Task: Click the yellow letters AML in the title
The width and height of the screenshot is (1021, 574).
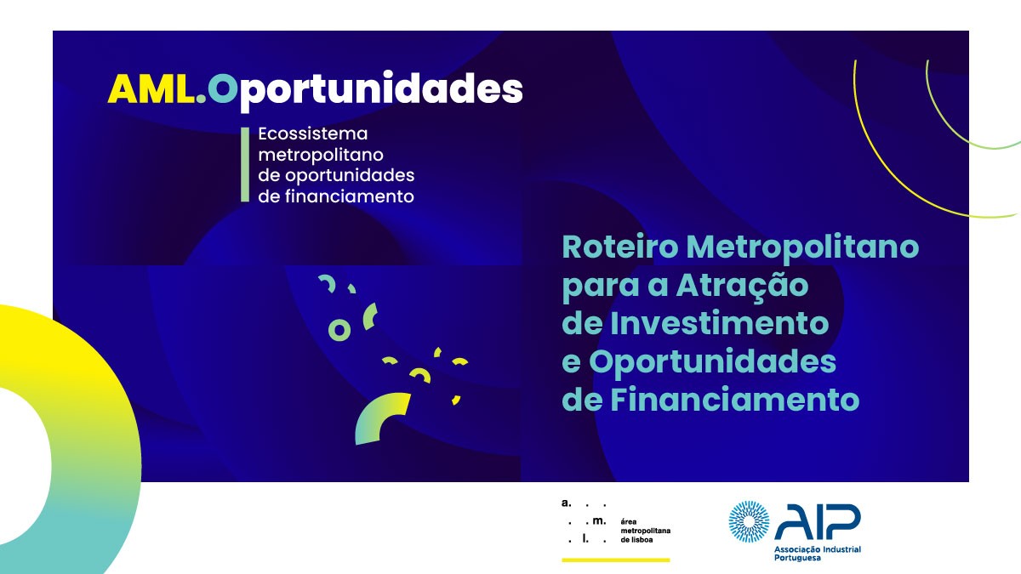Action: click(151, 88)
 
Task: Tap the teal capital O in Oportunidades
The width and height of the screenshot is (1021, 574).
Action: click(223, 88)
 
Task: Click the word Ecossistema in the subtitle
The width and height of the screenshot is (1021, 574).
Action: click(313, 134)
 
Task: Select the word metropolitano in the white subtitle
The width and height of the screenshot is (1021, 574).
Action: click(321, 155)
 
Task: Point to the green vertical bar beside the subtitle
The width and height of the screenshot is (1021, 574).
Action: click(245, 164)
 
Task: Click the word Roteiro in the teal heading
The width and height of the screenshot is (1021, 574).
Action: click(620, 247)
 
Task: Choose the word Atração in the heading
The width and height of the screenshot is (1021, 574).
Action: click(742, 285)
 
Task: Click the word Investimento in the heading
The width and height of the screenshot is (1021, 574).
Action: click(719, 323)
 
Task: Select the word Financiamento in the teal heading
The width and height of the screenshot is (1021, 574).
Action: click(735, 400)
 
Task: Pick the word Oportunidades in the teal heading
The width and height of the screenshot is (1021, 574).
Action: click(712, 361)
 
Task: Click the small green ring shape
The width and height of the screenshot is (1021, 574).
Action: click(339, 330)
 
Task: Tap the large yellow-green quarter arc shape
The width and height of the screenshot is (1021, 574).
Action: click(378, 417)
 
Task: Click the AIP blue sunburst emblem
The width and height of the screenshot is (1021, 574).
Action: click(749, 521)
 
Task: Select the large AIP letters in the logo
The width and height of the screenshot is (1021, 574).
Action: click(818, 521)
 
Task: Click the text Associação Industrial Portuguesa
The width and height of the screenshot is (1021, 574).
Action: click(818, 554)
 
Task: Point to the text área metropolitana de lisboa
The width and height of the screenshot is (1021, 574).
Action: click(646, 531)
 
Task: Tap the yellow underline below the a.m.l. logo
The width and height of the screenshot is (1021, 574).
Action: click(616, 560)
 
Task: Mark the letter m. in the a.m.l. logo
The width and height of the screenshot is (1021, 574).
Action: click(599, 521)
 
